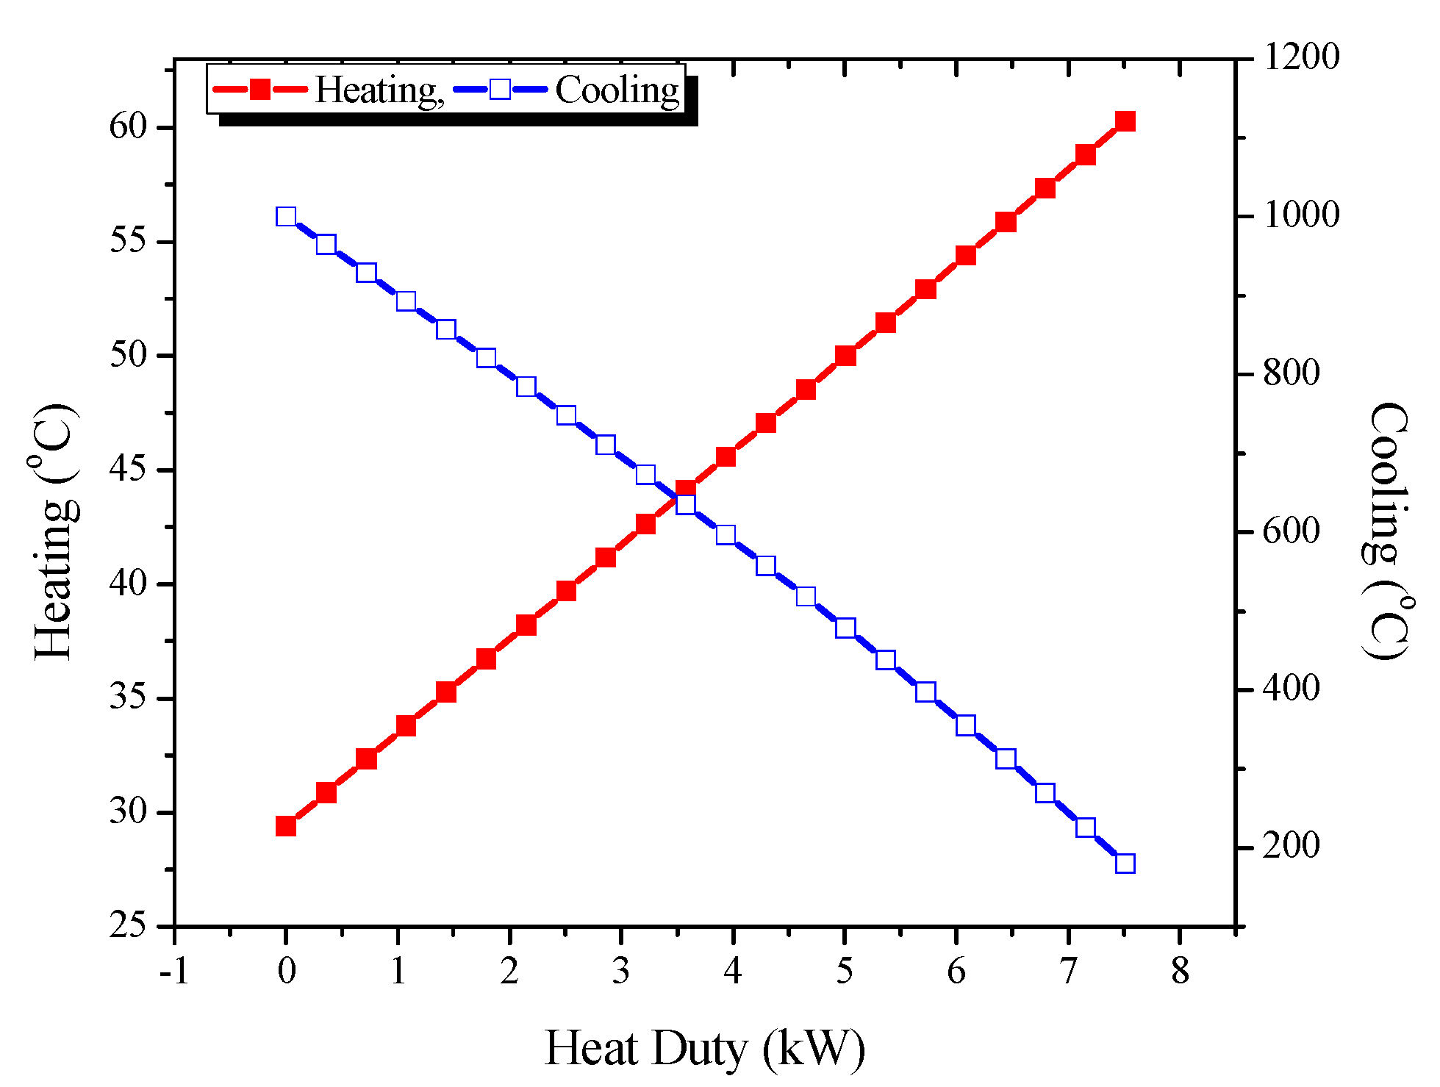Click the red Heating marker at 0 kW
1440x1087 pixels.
click(286, 826)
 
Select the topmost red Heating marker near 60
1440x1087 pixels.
click(1125, 121)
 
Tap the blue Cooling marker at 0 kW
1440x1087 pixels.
click(286, 217)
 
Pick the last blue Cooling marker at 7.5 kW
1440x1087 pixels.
click(1125, 864)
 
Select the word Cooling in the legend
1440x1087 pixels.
click(617, 90)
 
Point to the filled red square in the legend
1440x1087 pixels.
click(260, 90)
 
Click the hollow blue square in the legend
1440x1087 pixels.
click(500, 90)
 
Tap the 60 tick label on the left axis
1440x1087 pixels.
click(129, 126)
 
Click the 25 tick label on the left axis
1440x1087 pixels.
click(129, 925)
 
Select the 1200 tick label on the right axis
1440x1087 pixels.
click(1301, 57)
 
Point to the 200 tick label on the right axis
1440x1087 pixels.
click(1291, 846)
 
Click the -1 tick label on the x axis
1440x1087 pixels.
click(174, 972)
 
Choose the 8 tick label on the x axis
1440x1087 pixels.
click(1180, 972)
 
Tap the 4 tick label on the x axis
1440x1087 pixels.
click(732, 972)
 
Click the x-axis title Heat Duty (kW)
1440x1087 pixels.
click(704, 1049)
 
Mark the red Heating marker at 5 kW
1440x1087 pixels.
click(845, 356)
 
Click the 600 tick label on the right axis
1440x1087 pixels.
click(1291, 531)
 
